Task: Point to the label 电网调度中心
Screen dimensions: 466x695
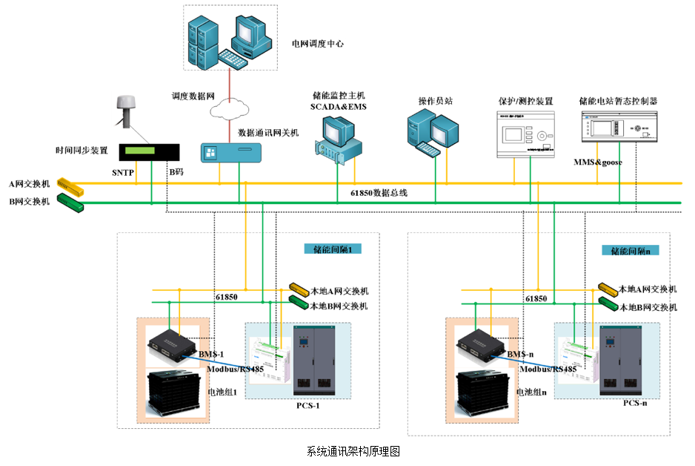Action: (317, 44)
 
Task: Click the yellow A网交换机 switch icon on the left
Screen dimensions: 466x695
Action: (71, 184)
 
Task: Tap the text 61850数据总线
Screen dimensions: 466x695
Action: (379, 193)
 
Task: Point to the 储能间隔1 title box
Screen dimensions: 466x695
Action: (332, 250)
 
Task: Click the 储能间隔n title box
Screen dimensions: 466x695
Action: (630, 251)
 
